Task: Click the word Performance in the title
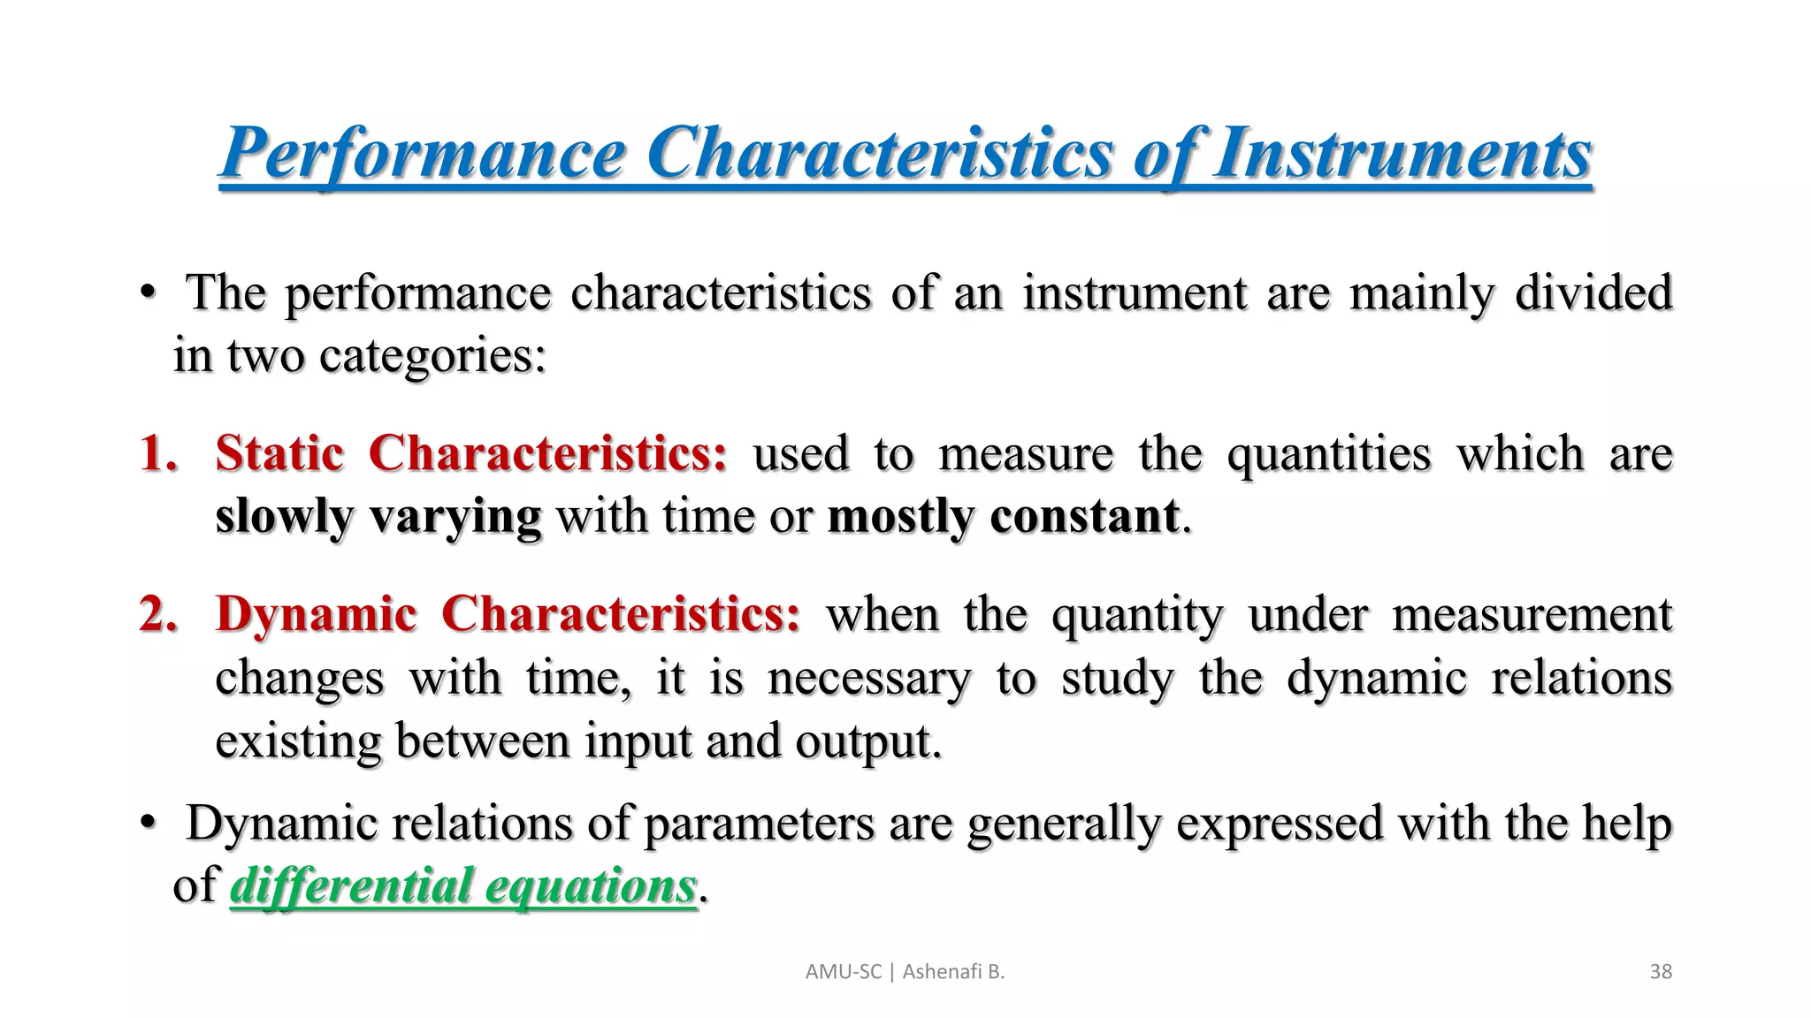423,154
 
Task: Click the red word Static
279,454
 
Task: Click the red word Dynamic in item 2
316,614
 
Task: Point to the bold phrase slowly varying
378,517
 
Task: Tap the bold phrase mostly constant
1003,517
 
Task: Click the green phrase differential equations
462,886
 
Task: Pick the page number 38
1661,972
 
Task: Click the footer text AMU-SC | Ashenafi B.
905,972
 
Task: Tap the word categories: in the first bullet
432,357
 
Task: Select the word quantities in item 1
1328,454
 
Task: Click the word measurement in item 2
1532,614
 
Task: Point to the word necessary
868,679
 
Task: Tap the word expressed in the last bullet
1279,824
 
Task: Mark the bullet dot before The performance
148,293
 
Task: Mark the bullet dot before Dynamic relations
148,824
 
